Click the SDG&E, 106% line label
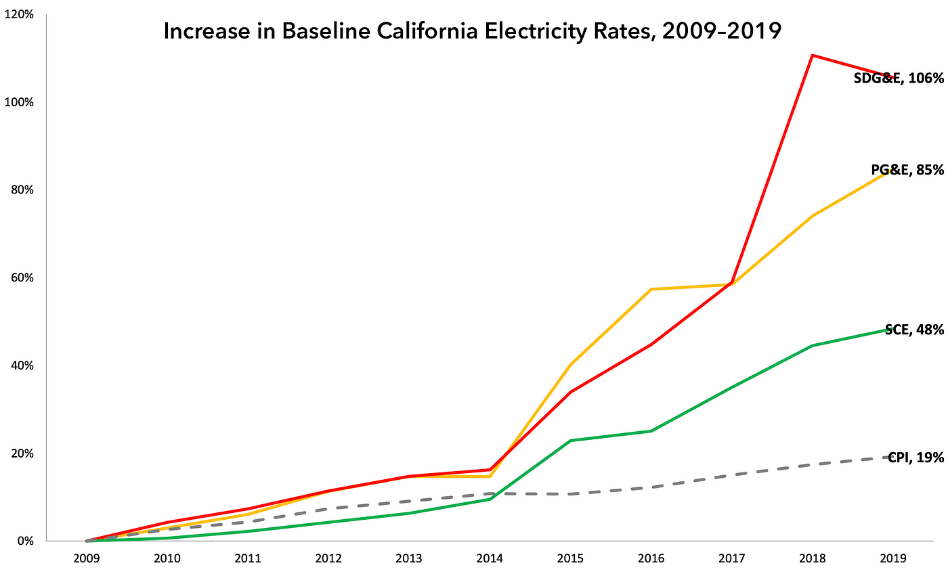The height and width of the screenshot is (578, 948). coord(899,79)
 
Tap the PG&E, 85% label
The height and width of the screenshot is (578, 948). coord(907,170)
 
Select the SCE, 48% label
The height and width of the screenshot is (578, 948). coord(914,330)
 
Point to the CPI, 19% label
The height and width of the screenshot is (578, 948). coord(915,458)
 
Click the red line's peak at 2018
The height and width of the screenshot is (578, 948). coord(811,55)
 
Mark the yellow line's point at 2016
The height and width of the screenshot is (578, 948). coord(651,289)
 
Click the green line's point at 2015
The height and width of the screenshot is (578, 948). coord(570,441)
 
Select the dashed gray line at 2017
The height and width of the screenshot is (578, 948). coord(731,475)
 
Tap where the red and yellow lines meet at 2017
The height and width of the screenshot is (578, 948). coord(731,284)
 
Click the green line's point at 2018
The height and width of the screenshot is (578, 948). coord(811,345)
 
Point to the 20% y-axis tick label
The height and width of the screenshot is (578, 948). coord(21,453)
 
